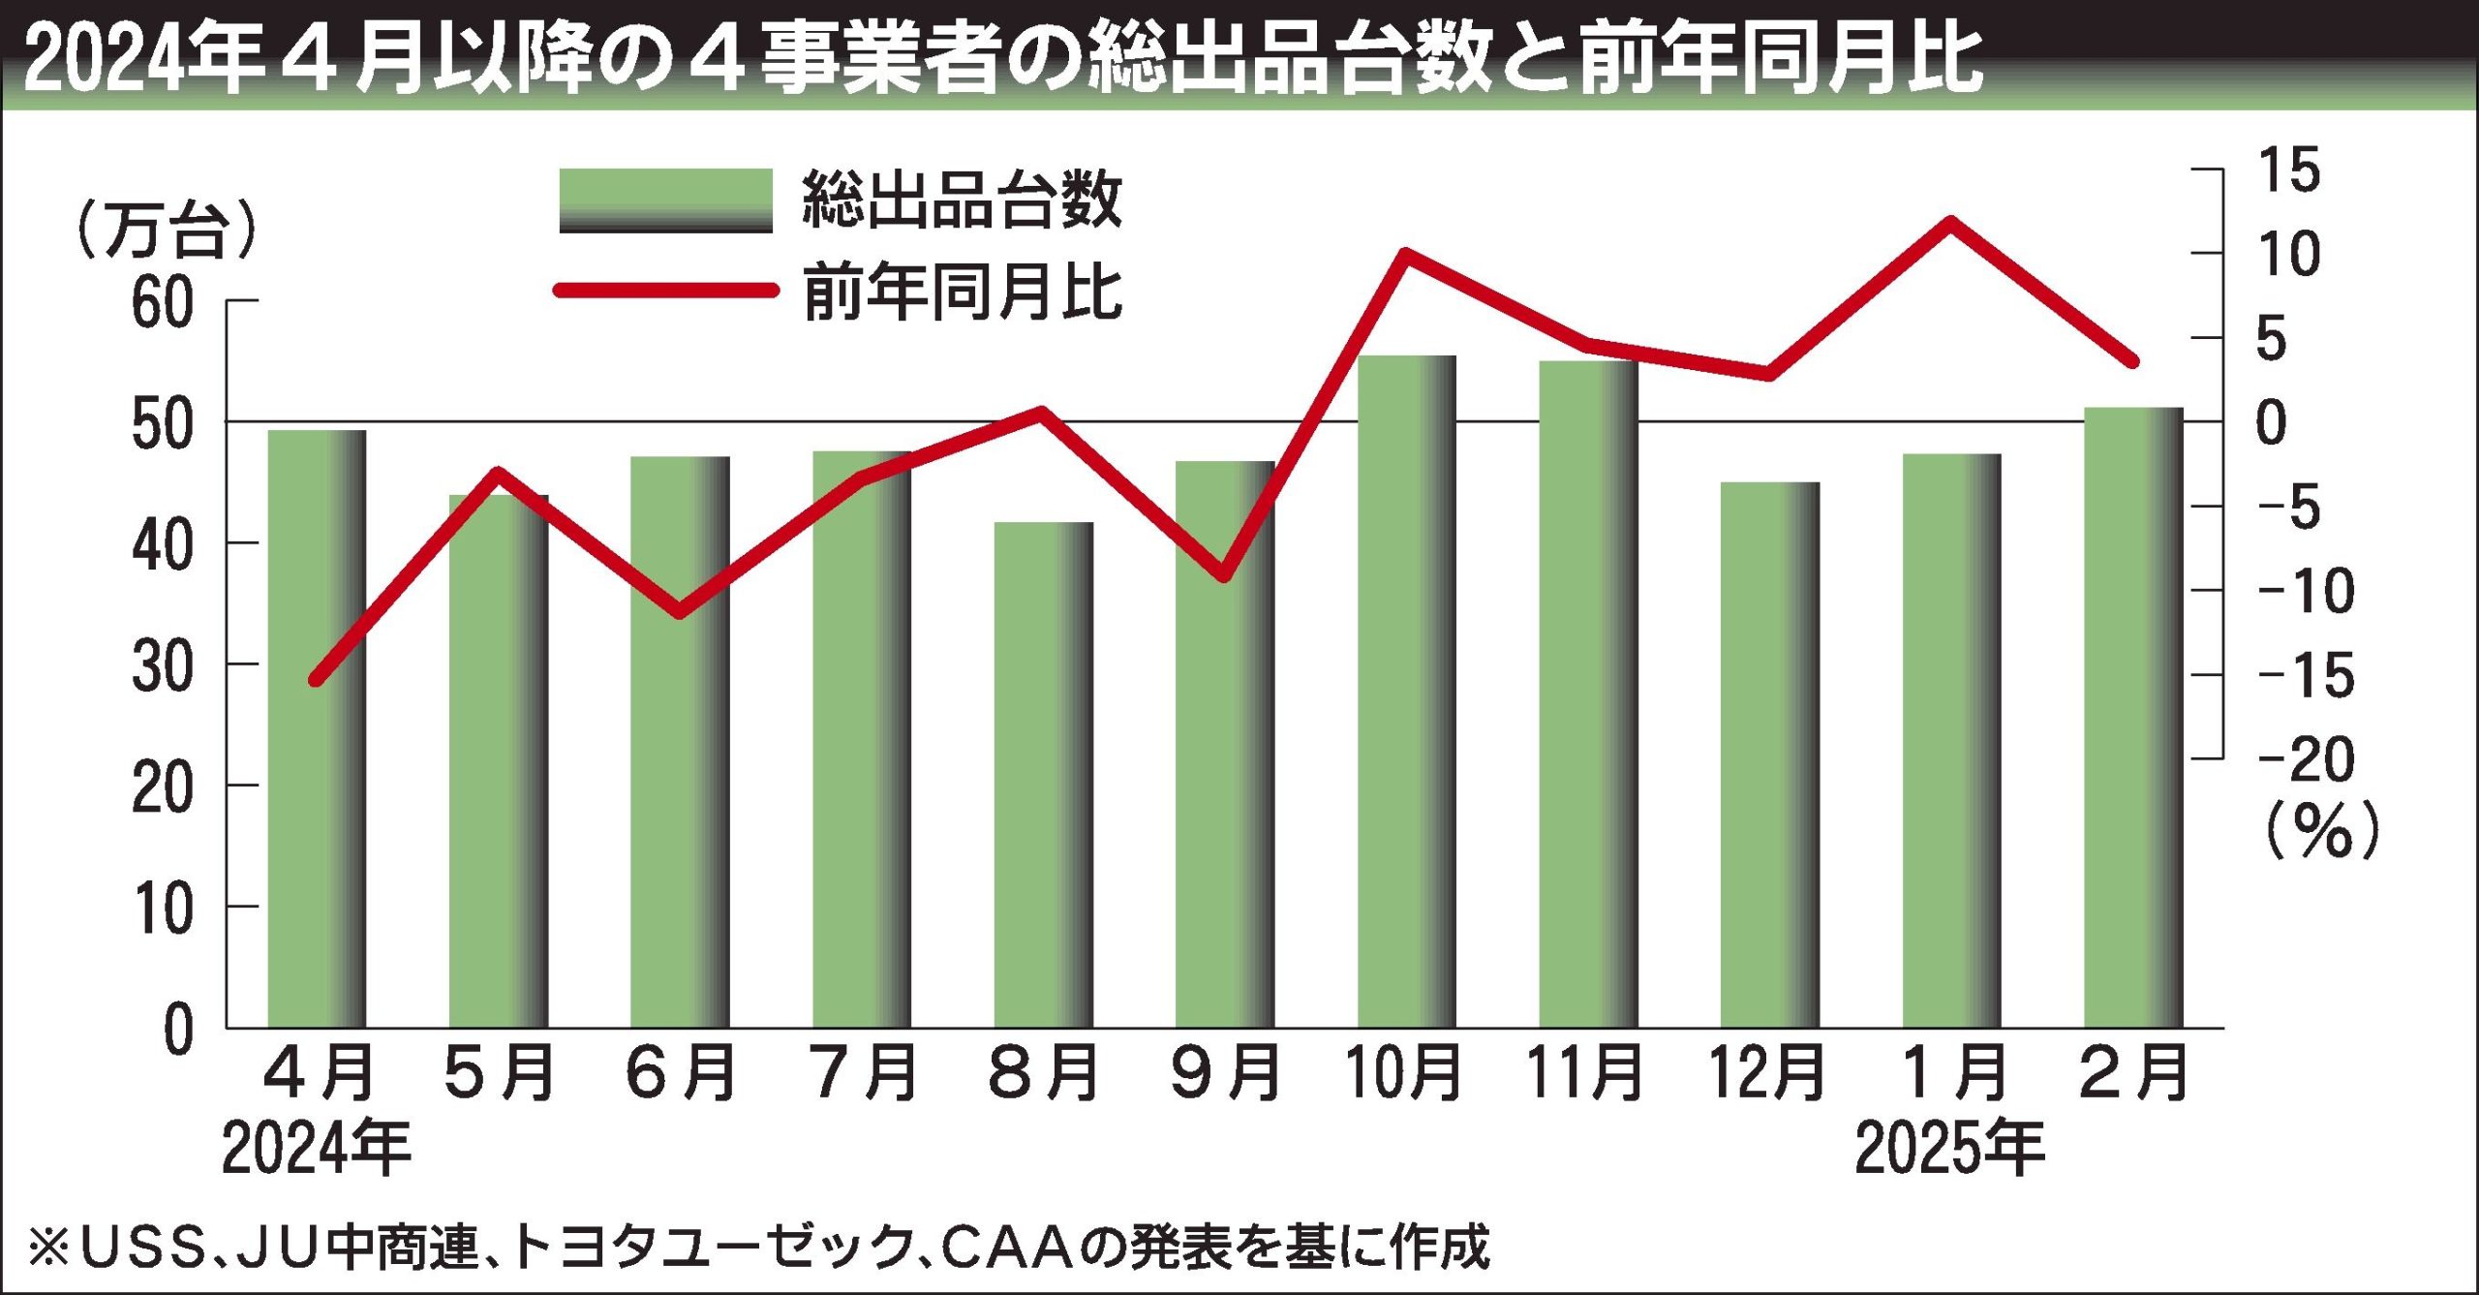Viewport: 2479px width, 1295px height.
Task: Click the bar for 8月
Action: (1043, 775)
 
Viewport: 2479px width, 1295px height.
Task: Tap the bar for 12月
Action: (1769, 755)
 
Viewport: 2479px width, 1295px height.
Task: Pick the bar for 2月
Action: (2133, 717)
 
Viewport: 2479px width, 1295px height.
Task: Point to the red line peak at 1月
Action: (1950, 223)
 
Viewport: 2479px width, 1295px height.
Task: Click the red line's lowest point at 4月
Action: (315, 680)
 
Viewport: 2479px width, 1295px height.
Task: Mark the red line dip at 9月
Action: (1224, 575)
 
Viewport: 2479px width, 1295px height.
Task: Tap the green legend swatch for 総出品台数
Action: (665, 200)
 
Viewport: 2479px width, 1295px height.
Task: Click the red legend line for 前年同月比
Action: (665, 290)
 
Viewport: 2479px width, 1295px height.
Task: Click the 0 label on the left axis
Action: (178, 1030)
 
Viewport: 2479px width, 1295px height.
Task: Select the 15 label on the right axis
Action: (2289, 171)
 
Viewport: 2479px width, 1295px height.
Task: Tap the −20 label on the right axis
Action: (2306, 759)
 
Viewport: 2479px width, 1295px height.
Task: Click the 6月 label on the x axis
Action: (681, 1073)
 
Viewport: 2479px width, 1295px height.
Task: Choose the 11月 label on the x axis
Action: (1585, 1073)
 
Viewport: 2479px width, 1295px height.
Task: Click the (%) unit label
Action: (2321, 831)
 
